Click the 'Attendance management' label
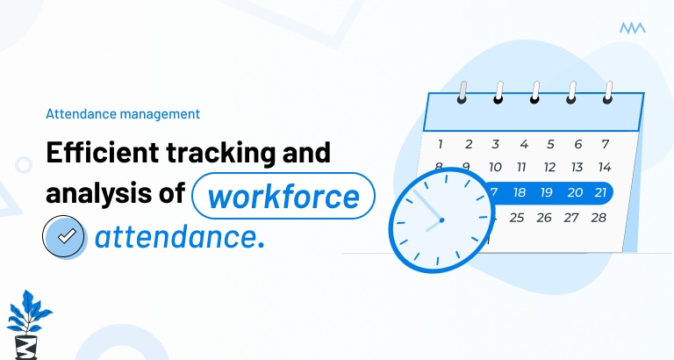tap(123, 113)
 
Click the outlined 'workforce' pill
tap(283, 195)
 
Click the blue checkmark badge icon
tap(66, 235)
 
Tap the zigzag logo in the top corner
tap(632, 29)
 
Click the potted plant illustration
tap(27, 320)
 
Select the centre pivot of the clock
tap(441, 220)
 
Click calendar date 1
tap(441, 144)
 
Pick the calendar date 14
tap(604, 167)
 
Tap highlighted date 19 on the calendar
tap(547, 191)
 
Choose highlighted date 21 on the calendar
tap(601, 191)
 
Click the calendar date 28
tap(599, 217)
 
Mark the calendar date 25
tap(517, 217)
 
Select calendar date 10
tap(495, 167)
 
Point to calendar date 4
tap(523, 144)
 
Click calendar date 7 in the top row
tap(605, 144)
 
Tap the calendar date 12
tap(549, 167)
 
